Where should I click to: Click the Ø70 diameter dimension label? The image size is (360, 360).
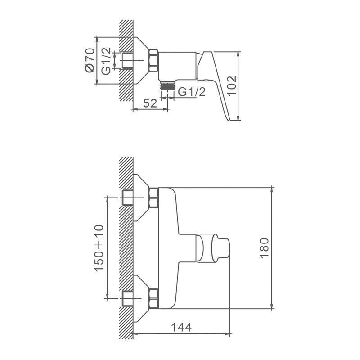(x=90, y=60)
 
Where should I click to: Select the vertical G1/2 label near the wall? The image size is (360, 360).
(x=106, y=61)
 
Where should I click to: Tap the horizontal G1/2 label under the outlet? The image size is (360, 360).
(x=192, y=92)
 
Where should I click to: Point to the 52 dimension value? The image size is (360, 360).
(x=150, y=103)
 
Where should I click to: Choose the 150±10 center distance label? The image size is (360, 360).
(x=99, y=248)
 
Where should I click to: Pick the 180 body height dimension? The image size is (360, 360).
(x=264, y=248)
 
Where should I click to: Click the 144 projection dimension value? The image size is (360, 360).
(x=181, y=328)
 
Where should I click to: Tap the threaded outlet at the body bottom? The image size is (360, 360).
(x=168, y=86)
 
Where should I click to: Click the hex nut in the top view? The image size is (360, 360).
(x=154, y=61)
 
